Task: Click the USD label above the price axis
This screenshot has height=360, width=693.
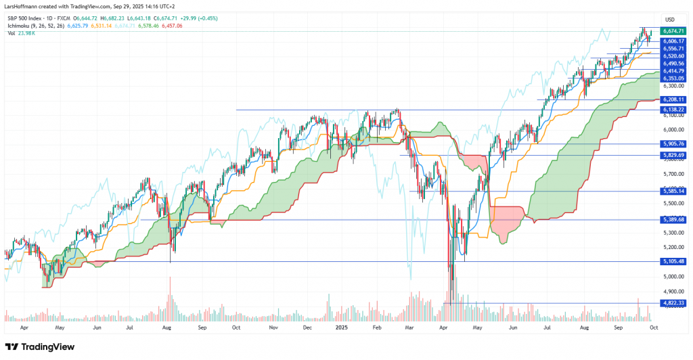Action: tap(671, 19)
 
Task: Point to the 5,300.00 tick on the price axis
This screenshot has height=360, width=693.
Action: tap(672, 233)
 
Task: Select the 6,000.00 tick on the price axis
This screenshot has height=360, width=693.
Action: tap(672, 130)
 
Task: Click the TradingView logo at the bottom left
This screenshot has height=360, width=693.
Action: tap(41, 346)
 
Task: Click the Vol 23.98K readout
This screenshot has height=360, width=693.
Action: tap(20, 32)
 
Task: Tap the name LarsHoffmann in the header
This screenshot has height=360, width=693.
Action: tap(21, 6)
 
